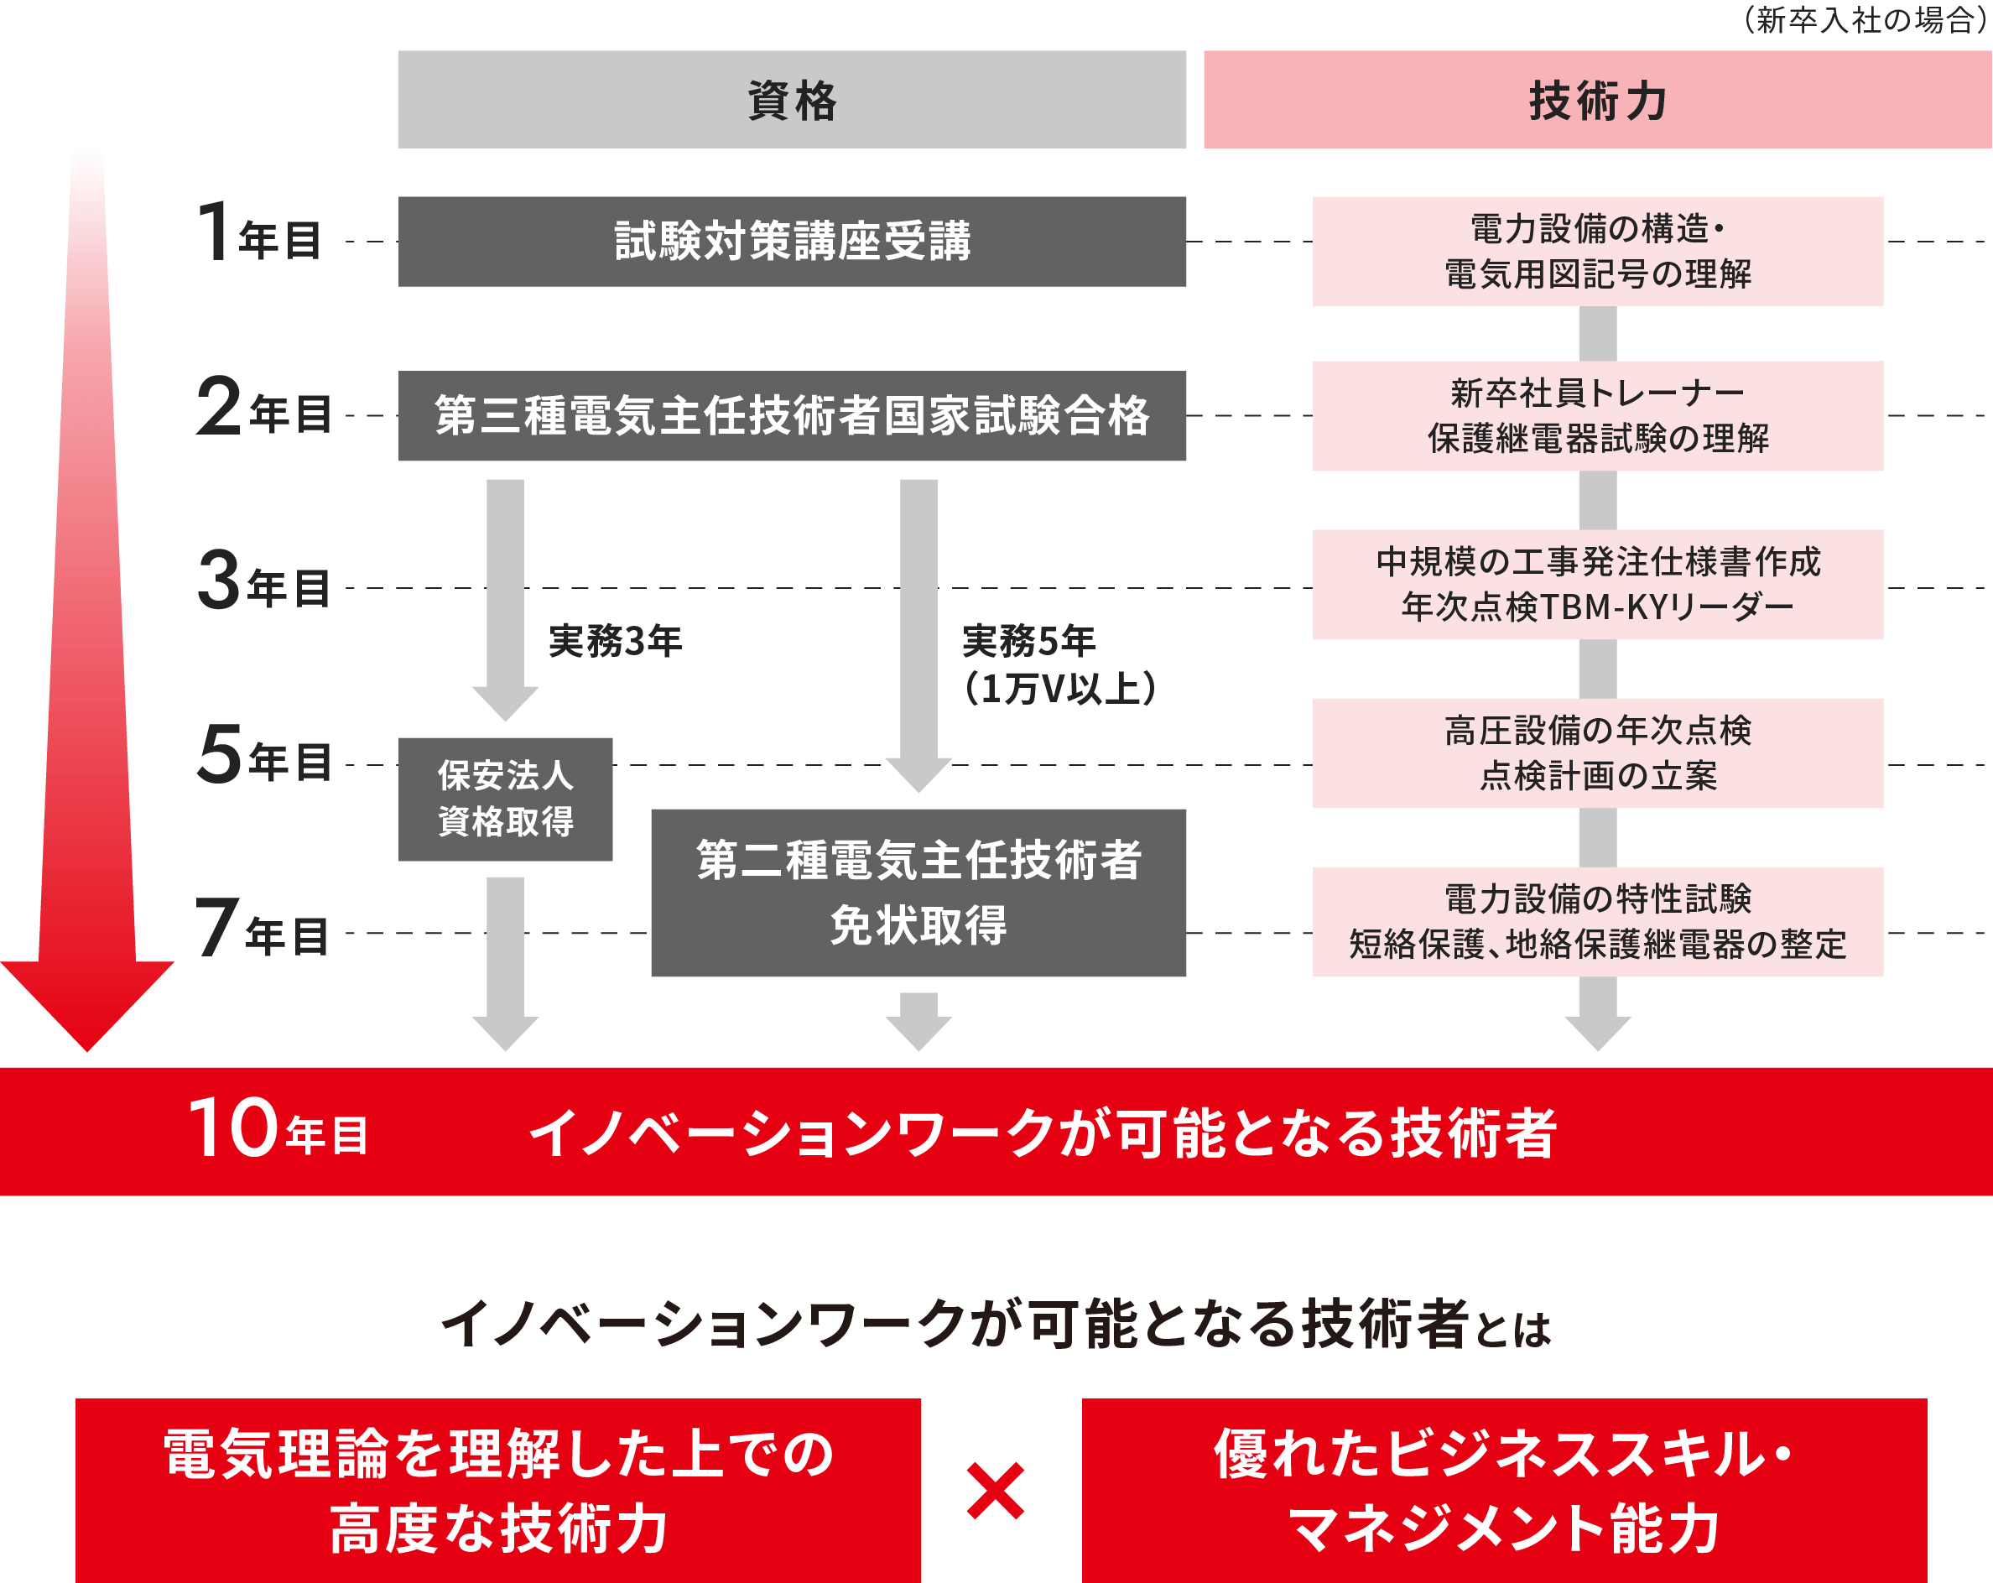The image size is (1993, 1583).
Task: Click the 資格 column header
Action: (792, 100)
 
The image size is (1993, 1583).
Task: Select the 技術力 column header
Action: (1596, 100)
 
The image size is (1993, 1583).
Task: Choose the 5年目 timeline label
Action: (264, 757)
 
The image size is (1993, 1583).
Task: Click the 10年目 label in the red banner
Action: (278, 1130)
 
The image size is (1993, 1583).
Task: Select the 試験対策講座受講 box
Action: (792, 241)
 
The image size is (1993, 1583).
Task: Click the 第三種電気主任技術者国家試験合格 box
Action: (792, 416)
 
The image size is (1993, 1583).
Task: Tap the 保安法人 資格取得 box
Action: (506, 799)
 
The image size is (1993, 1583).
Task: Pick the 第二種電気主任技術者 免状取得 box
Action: (918, 893)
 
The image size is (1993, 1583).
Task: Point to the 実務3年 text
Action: (615, 641)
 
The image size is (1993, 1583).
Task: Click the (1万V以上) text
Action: (1059, 689)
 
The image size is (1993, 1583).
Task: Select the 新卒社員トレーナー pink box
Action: (1597, 416)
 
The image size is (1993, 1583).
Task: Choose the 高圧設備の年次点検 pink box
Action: (1597, 752)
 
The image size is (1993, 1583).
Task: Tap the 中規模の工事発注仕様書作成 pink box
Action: (1597, 585)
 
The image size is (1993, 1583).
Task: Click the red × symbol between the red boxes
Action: (996, 1491)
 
